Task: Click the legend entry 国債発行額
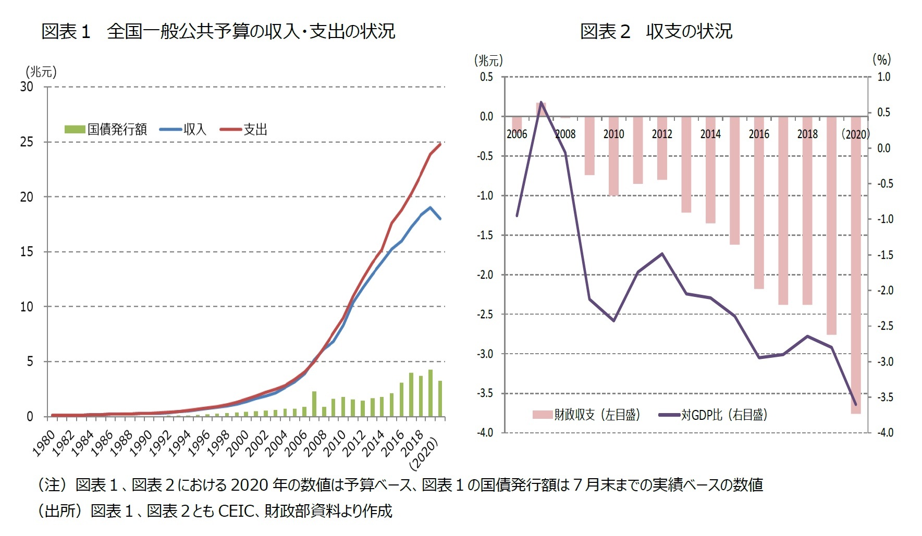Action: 106,129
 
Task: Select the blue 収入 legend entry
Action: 183,129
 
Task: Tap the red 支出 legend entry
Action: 244,129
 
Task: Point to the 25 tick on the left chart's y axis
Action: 27,142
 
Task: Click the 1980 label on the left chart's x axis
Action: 44,443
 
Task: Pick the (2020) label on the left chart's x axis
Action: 425,453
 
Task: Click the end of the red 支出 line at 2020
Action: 440,144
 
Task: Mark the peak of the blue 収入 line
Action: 431,207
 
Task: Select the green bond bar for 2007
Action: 314,404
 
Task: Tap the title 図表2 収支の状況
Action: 656,31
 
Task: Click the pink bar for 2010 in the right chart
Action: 613,156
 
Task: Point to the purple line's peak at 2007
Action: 541,102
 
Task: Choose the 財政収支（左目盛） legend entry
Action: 586,415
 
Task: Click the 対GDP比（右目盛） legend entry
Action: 714,415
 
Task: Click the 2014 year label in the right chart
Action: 710,134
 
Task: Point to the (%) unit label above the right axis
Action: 882,59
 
